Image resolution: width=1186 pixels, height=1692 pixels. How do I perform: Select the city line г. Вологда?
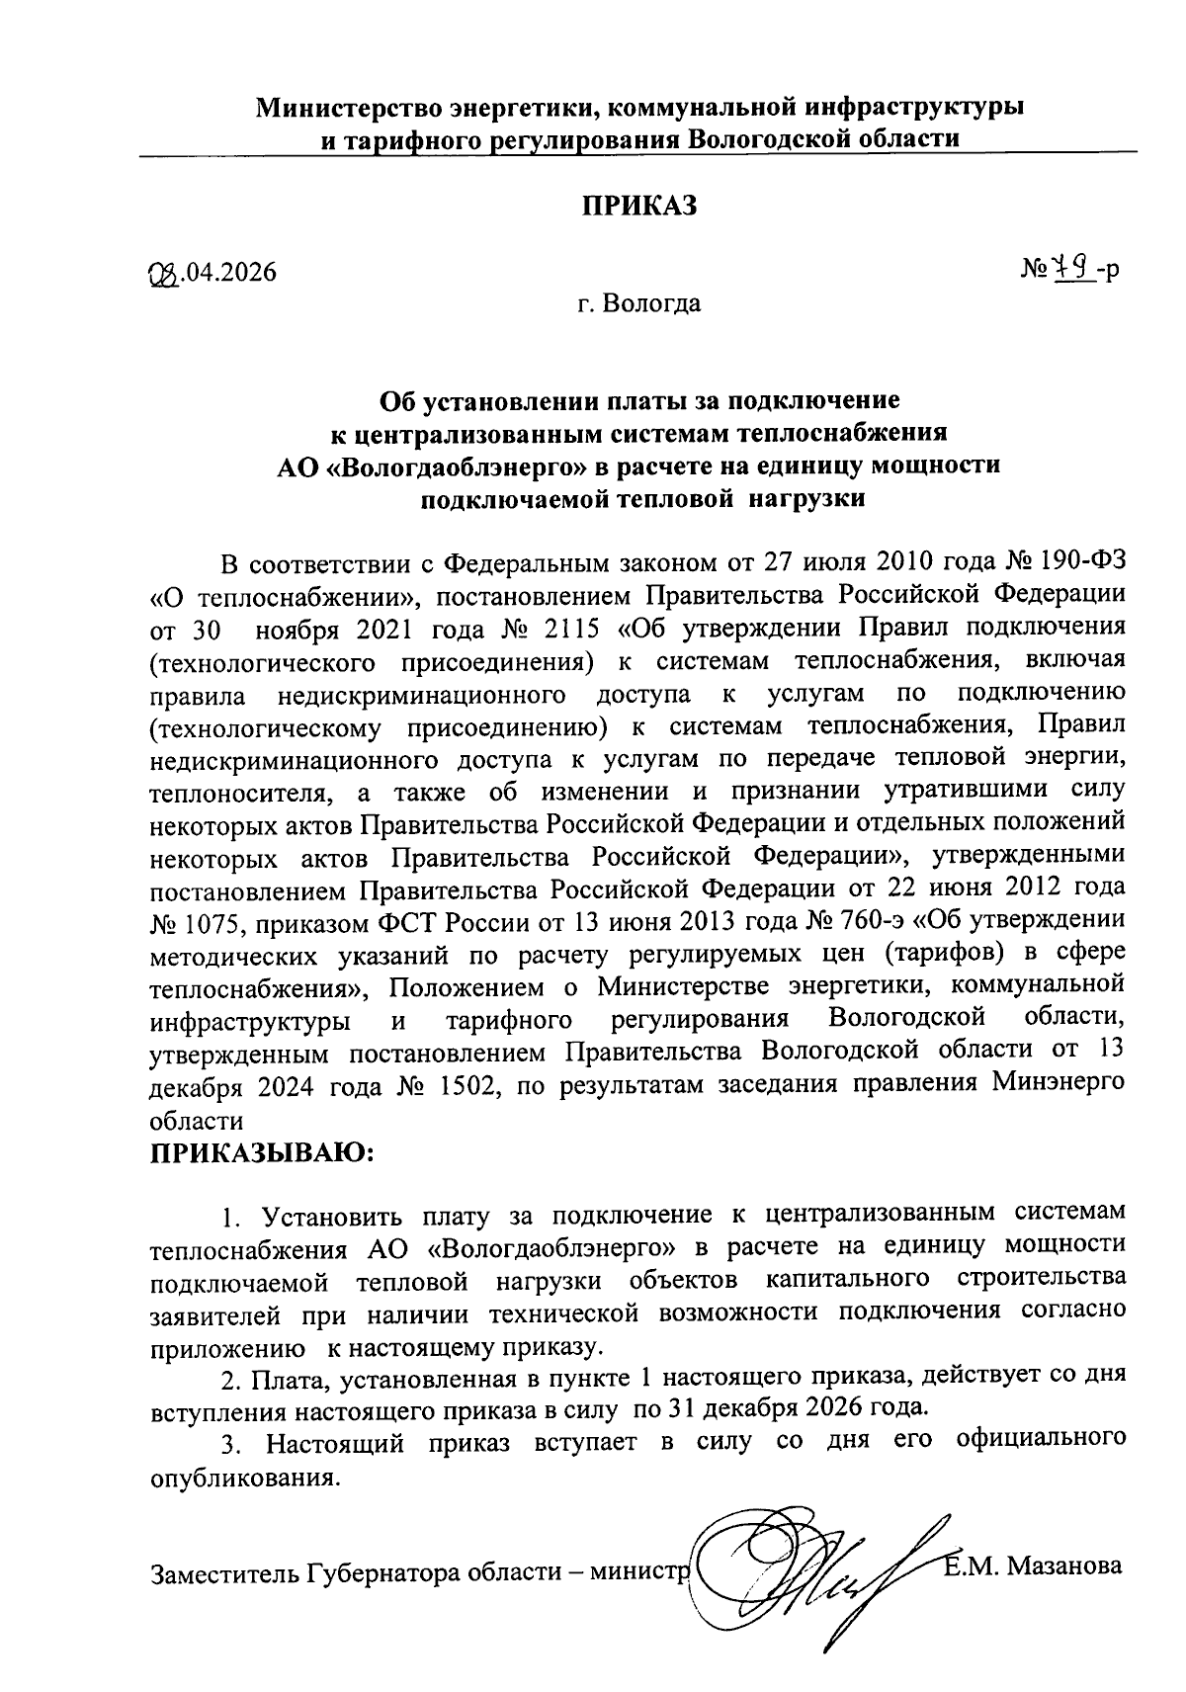click(639, 303)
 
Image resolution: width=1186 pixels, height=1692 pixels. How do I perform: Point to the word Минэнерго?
click(1057, 1085)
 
